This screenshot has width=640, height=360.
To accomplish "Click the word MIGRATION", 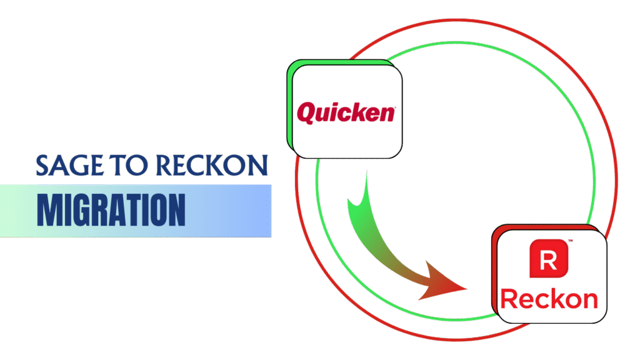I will [111, 211].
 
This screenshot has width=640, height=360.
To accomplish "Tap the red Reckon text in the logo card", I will [549, 299].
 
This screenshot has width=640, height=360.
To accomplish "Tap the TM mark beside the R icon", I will [570, 241].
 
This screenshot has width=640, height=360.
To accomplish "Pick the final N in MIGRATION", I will [176, 211].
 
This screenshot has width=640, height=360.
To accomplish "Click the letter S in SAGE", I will [43, 166].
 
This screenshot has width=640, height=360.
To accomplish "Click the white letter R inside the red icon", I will [547, 259].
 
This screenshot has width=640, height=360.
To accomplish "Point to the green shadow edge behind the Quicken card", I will [289, 106].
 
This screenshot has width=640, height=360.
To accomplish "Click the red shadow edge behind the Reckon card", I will [495, 275].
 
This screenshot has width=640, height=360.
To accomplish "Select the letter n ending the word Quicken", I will [389, 114].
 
